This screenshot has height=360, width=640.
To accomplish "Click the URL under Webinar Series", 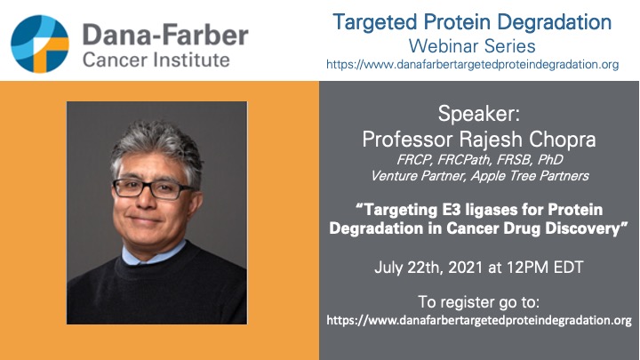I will pyautogui.click(x=479, y=64).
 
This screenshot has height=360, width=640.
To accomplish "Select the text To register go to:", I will pyautogui.click(x=479, y=300).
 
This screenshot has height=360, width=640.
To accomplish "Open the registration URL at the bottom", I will pyautogui.click(x=479, y=319).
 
